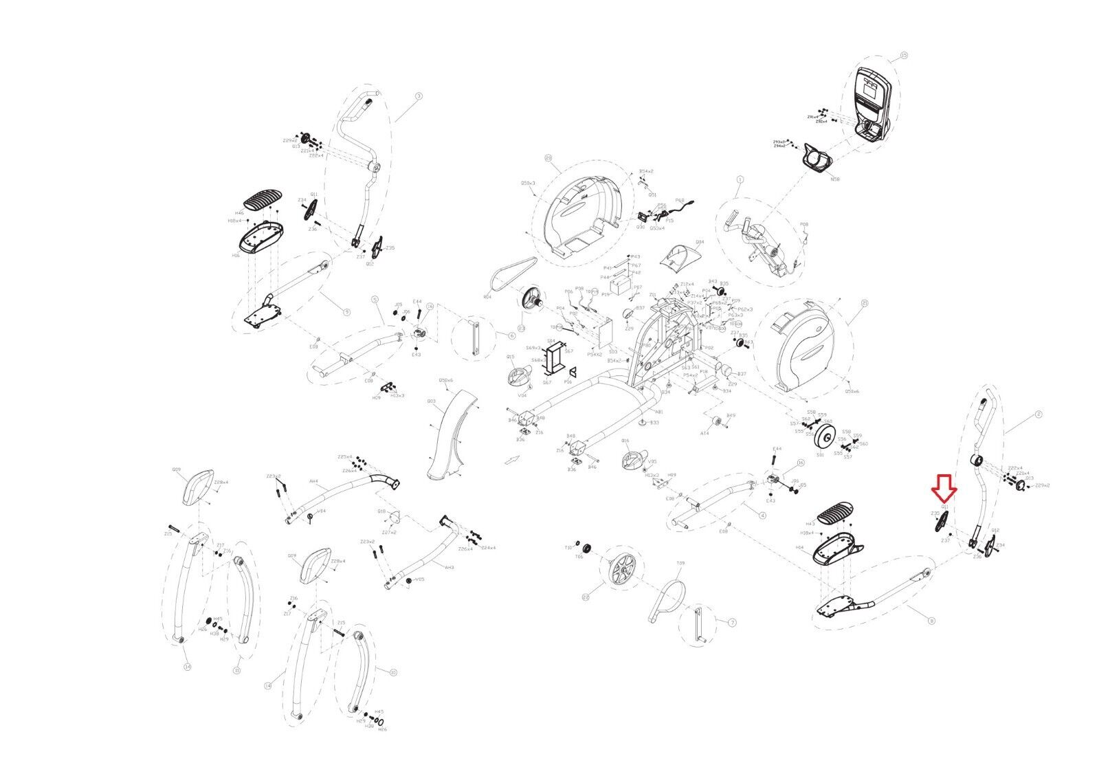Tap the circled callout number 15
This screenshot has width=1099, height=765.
904,55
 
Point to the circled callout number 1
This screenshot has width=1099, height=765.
740,179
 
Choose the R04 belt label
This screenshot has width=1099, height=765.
487,298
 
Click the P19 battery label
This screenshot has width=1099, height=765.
606,293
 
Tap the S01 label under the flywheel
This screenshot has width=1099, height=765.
820,455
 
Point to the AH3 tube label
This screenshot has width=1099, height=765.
449,568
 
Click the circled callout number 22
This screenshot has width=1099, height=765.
586,597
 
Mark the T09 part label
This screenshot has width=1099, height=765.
680,563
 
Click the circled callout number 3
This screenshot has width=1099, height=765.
419,96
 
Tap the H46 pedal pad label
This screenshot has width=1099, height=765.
239,214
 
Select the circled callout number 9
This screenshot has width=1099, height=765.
346,312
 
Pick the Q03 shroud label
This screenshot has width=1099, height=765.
431,401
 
